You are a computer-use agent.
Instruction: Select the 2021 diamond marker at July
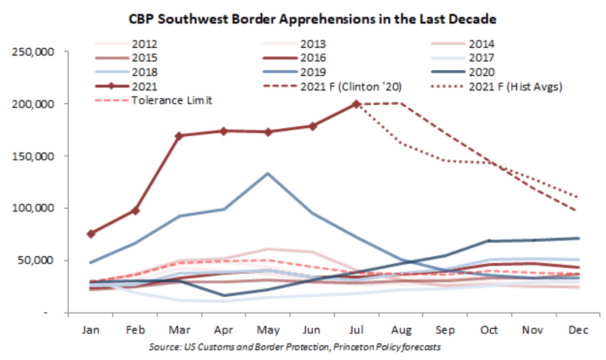point(356,104)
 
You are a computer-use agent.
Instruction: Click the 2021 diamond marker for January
point(90,234)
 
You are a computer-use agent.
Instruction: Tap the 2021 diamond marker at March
point(179,136)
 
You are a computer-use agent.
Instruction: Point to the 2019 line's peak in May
point(267,173)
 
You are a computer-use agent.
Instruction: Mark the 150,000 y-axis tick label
point(35,156)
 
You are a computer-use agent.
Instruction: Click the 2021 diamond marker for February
point(135,211)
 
